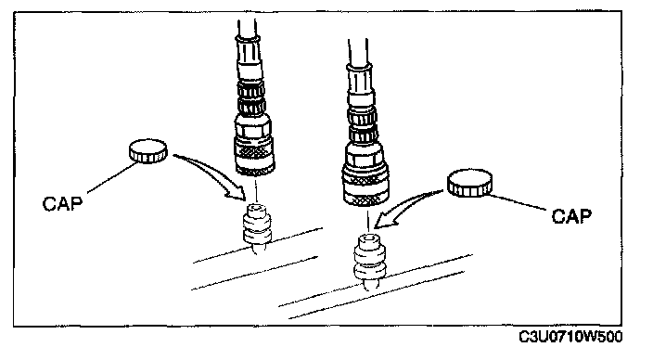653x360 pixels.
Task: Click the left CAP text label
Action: click(x=62, y=203)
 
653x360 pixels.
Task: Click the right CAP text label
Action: click(x=571, y=216)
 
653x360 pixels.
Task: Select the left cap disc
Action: click(x=147, y=151)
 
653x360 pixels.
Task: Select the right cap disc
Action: click(x=469, y=183)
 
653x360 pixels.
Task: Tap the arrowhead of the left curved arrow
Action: click(x=237, y=192)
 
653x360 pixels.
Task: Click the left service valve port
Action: click(x=257, y=229)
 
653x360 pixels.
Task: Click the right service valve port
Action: click(x=369, y=262)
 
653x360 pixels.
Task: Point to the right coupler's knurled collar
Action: click(x=365, y=187)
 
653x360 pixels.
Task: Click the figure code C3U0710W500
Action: click(x=570, y=336)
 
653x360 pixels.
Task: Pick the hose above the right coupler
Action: click(x=358, y=52)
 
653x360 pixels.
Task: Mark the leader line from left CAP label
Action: click(x=112, y=178)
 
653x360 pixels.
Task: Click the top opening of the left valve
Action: click(x=256, y=207)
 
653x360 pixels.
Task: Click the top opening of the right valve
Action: click(x=368, y=238)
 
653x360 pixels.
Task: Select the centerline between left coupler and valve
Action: click(x=256, y=188)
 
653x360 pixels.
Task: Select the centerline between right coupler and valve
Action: click(x=367, y=220)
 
